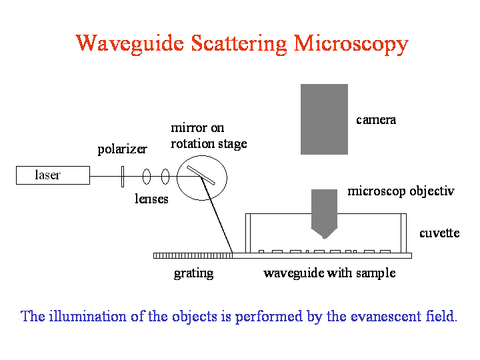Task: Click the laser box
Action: coord(53,175)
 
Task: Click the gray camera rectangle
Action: coord(324,119)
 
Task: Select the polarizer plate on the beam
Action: coord(123,177)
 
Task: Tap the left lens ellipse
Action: coord(147,177)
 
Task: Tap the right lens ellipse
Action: coord(165,177)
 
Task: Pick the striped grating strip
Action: coord(193,255)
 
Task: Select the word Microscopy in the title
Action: coord(351,44)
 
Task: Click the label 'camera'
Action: coord(376,120)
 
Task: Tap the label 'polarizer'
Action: coord(122,149)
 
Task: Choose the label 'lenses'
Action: coord(151,199)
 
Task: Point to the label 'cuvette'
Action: coord(439,233)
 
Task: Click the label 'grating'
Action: coord(193,273)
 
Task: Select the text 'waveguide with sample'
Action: coord(329,273)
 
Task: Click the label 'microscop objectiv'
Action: coord(401,191)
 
